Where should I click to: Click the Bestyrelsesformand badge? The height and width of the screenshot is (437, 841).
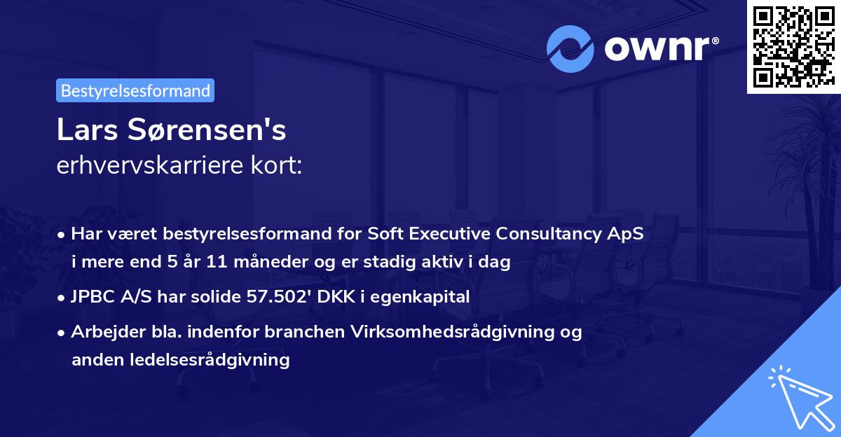[135, 90]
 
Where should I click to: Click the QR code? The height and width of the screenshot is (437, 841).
[793, 47]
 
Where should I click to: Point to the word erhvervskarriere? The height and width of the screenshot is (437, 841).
[146, 167]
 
